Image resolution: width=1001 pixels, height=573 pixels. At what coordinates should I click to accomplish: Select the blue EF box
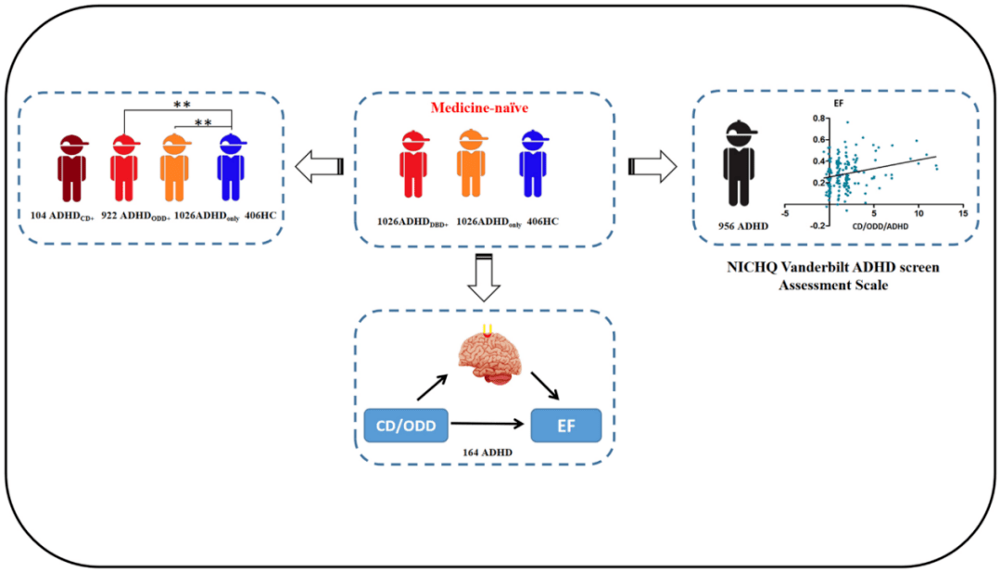pos(565,426)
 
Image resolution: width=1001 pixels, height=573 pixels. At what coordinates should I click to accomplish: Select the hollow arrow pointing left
pos(318,168)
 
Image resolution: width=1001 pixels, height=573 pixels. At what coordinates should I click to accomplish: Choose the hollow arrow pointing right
pos(653,168)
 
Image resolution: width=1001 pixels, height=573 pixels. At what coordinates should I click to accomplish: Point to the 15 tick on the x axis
pos(963,213)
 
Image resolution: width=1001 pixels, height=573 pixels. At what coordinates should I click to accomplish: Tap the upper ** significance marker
pos(182,107)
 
